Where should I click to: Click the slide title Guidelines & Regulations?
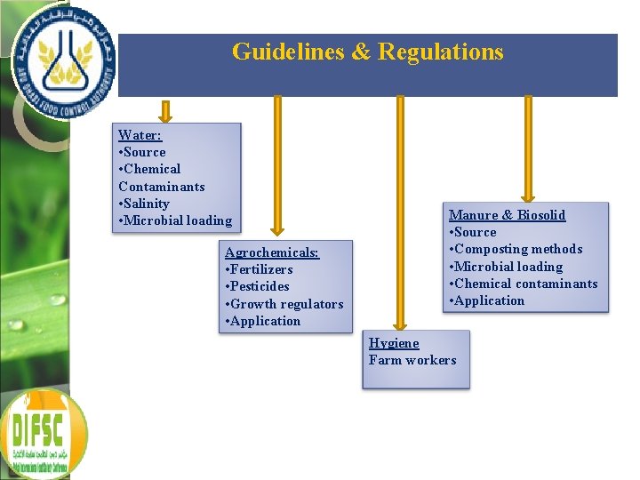click(x=367, y=52)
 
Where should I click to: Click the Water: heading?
click(x=140, y=135)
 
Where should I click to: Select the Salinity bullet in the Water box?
click(x=144, y=204)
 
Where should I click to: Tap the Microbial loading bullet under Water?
click(x=175, y=220)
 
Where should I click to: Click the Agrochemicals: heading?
click(x=271, y=252)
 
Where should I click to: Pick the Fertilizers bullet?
click(x=260, y=269)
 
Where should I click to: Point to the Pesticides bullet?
click(x=258, y=286)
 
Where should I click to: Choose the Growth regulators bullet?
click(x=284, y=304)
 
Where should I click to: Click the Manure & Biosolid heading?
click(x=507, y=215)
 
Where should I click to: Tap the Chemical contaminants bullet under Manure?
click(x=524, y=284)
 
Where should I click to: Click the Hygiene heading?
click(x=394, y=343)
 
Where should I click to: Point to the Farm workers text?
click(x=412, y=360)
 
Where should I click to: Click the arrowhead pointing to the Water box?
click(x=164, y=115)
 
